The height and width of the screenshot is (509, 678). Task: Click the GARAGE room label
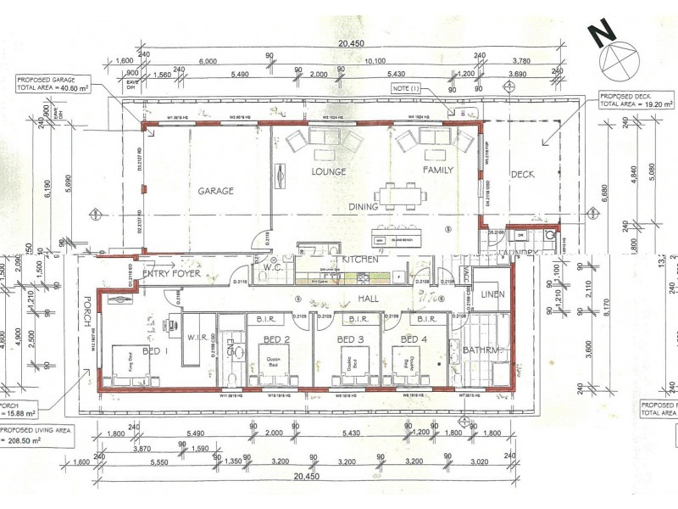pos(216,191)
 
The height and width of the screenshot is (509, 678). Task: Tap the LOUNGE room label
pos(328,171)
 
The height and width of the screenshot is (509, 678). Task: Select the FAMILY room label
pos(438,171)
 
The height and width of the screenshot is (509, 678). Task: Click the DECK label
pos(523,175)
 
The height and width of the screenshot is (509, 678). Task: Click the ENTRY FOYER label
pos(172,273)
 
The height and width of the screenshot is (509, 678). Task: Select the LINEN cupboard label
pos(492,294)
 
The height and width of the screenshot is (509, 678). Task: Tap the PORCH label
pos(87,316)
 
